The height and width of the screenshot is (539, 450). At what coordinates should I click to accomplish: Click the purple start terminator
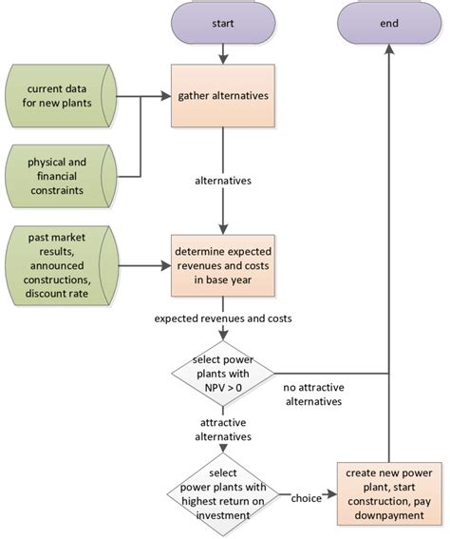click(x=222, y=21)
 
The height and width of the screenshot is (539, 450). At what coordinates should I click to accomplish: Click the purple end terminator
click(x=388, y=21)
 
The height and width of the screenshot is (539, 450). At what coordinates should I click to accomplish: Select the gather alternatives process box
click(x=222, y=95)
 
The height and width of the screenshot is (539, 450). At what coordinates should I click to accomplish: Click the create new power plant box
click(x=388, y=493)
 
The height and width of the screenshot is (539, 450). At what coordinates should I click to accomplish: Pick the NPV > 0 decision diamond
click(x=222, y=373)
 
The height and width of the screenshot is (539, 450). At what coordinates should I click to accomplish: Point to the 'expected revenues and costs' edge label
click(x=222, y=318)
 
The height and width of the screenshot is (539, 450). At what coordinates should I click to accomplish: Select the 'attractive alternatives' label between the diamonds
click(x=224, y=430)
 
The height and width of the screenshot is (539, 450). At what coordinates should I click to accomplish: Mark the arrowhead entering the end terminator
click(x=388, y=48)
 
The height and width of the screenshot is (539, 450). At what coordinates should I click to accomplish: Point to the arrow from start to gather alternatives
click(x=222, y=52)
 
